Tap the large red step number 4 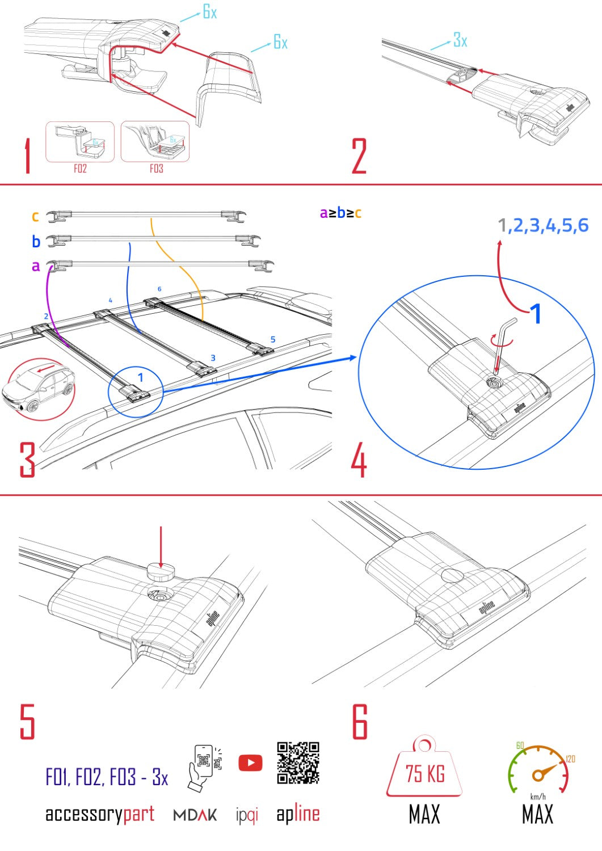pyautogui.click(x=359, y=461)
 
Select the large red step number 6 pyautogui.click(x=360, y=722)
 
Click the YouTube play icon pyautogui.click(x=250, y=762)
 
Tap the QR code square pyautogui.click(x=298, y=762)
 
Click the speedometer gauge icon pyautogui.click(x=537, y=769)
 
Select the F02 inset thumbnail pyautogui.click(x=80, y=142)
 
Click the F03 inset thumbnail pyautogui.click(x=155, y=142)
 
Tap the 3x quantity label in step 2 pyautogui.click(x=460, y=40)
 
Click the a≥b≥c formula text pyautogui.click(x=340, y=213)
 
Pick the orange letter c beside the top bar pyautogui.click(x=35, y=216)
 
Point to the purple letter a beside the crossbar pyautogui.click(x=36, y=266)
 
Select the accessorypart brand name pyautogui.click(x=100, y=814)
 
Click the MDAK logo pyautogui.click(x=195, y=815)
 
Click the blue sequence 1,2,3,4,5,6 pyautogui.click(x=543, y=226)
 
